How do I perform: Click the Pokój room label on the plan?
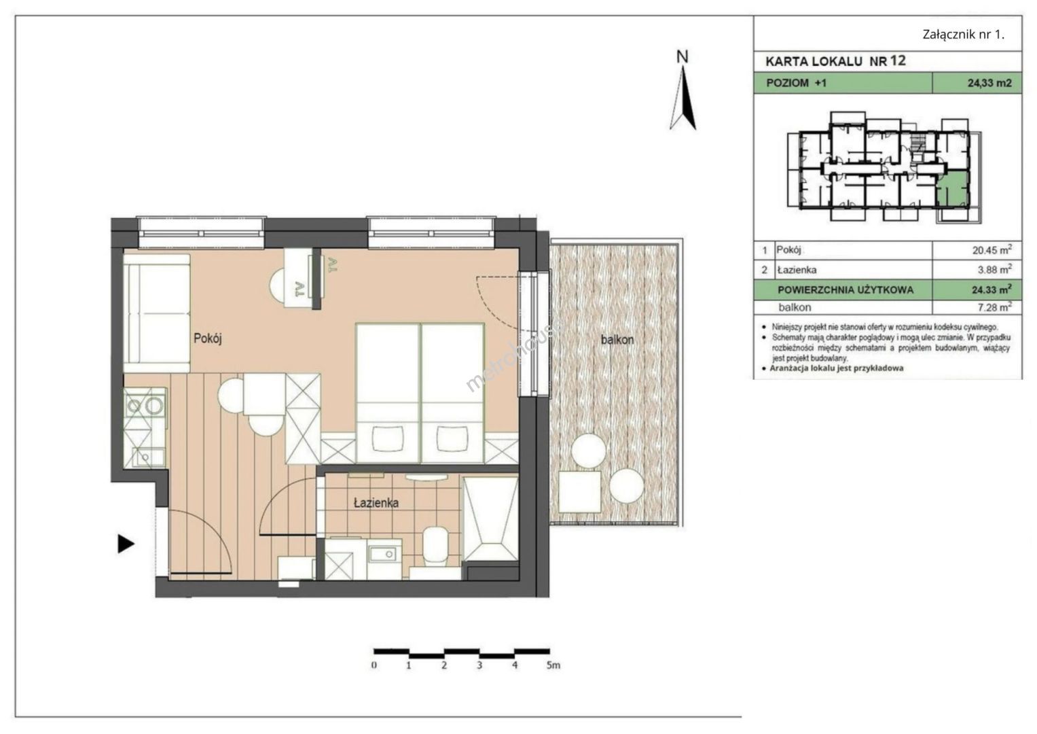208,339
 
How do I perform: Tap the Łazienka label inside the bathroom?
376,503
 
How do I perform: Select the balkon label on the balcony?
617,340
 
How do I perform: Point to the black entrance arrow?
126,544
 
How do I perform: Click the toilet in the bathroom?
435,546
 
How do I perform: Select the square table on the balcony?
579,491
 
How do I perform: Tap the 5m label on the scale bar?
553,665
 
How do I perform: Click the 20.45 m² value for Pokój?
991,250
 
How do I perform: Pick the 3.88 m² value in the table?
994,270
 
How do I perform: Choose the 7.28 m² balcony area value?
994,307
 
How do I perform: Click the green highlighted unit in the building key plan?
953,190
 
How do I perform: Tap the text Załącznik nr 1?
964,35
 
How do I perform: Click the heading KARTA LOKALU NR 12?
835,61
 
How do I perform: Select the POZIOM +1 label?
797,84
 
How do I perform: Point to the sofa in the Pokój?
157,313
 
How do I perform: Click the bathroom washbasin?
384,554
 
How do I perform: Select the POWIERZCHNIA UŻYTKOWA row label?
845,290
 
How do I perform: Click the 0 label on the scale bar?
374,665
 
